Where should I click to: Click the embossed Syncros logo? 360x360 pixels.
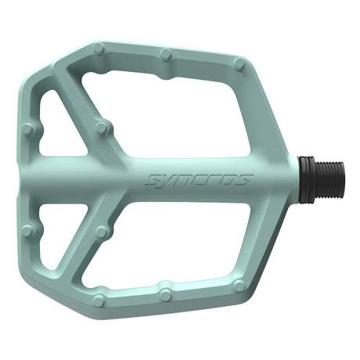point(198,181)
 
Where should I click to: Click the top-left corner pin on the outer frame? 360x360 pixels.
point(99,49)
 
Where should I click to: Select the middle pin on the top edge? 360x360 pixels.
point(166,55)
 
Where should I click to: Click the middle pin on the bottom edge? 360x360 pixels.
point(166,294)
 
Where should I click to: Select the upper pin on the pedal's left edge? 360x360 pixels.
point(29,129)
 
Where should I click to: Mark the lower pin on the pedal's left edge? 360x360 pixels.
point(28,230)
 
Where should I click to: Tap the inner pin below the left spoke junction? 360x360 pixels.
point(101,232)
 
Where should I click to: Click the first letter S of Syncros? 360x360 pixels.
point(153,181)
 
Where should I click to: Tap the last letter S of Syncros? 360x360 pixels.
point(243,180)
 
